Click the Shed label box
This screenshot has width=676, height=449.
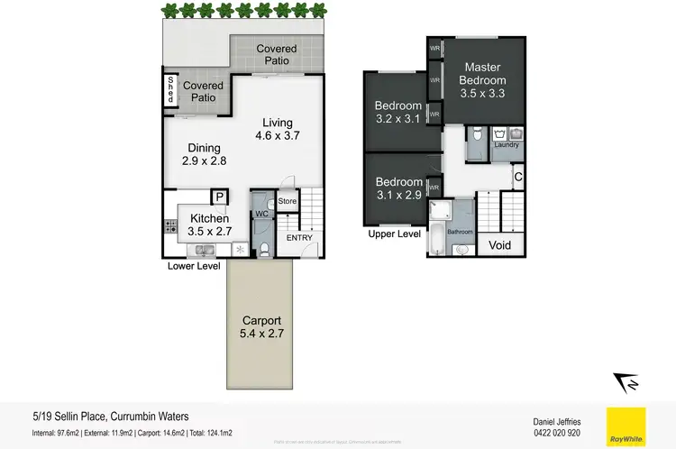(x=170, y=90)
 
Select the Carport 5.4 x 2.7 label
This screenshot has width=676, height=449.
(x=261, y=327)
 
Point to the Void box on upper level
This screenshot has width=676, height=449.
(x=498, y=245)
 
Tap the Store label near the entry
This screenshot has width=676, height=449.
(x=288, y=201)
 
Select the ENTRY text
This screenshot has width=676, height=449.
(x=299, y=238)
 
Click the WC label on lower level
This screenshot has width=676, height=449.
(x=260, y=214)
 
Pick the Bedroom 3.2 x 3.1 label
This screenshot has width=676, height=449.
(x=398, y=113)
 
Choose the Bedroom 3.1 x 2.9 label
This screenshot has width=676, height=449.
(x=398, y=188)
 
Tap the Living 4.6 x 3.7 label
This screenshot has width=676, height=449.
(x=277, y=130)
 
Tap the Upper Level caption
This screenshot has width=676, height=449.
(x=394, y=234)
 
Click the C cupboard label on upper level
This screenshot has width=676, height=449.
(x=517, y=177)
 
